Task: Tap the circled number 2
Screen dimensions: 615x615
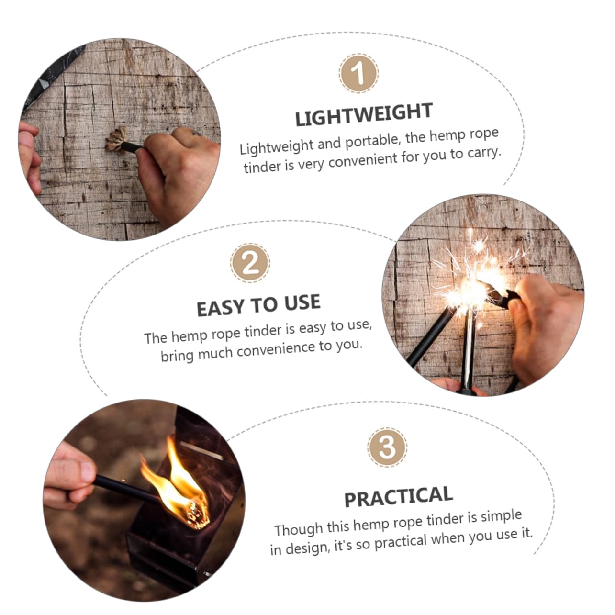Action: pyautogui.click(x=250, y=263)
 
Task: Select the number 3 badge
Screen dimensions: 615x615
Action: pyautogui.click(x=387, y=447)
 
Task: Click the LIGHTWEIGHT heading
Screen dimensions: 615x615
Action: pyautogui.click(x=364, y=115)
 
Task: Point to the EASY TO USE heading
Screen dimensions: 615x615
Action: pyautogui.click(x=258, y=305)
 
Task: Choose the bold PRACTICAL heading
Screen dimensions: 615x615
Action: pyautogui.click(x=398, y=497)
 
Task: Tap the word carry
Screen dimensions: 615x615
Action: pyautogui.click(x=484, y=153)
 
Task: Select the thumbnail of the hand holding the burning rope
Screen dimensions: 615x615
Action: pyautogui.click(x=144, y=500)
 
